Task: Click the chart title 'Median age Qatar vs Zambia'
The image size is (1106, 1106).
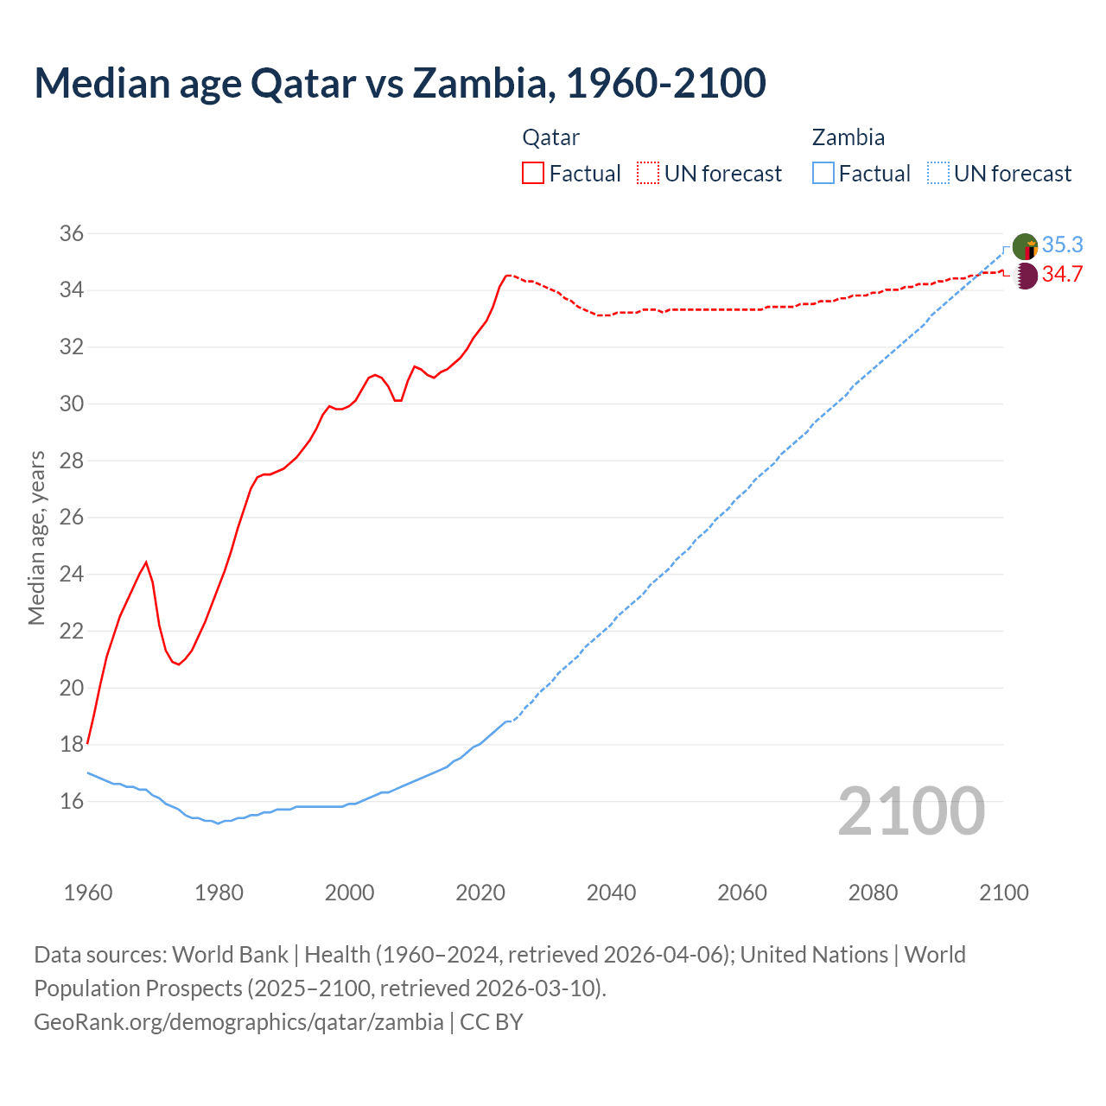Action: pyautogui.click(x=399, y=83)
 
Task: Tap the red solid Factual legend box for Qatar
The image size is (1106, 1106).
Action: pyautogui.click(x=533, y=173)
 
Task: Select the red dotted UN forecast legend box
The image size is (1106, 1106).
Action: pyautogui.click(x=648, y=173)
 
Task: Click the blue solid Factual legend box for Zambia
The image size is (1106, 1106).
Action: pyautogui.click(x=823, y=173)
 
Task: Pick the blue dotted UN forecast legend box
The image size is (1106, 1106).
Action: pyautogui.click(x=938, y=173)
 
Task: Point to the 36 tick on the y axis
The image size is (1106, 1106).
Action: pyautogui.click(x=72, y=233)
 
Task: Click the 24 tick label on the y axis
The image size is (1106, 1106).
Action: pyautogui.click(x=72, y=574)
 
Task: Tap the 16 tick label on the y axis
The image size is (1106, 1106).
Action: pyautogui.click(x=72, y=801)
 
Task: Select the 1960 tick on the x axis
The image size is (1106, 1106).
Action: pyautogui.click(x=88, y=892)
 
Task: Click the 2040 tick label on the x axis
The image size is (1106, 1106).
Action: pyautogui.click(x=611, y=892)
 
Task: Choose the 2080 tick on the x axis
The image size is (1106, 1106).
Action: pyautogui.click(x=873, y=892)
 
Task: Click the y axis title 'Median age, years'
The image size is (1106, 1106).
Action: pyautogui.click(x=36, y=537)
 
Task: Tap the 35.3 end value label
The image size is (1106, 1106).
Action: pyautogui.click(x=1062, y=245)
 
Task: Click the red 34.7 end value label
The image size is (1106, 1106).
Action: pyautogui.click(x=1062, y=274)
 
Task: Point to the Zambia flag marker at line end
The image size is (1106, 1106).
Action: pyautogui.click(x=1025, y=246)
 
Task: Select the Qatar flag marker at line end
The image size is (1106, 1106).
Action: pyautogui.click(x=1025, y=276)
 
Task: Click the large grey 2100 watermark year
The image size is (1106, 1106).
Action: pyautogui.click(x=911, y=810)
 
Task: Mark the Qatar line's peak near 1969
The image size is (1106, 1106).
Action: pyautogui.click(x=146, y=563)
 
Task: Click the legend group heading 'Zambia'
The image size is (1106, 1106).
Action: pyautogui.click(x=848, y=137)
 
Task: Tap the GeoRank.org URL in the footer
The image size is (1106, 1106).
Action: pyautogui.click(x=238, y=1021)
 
